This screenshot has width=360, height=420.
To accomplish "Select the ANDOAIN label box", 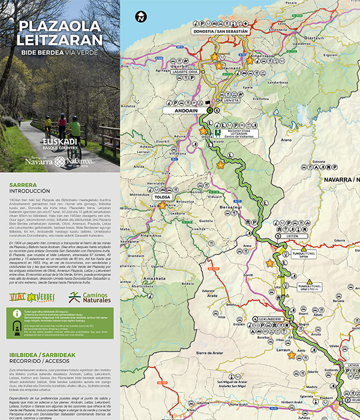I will click(181, 110).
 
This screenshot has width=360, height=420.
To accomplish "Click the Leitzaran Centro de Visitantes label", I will click(239, 133).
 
